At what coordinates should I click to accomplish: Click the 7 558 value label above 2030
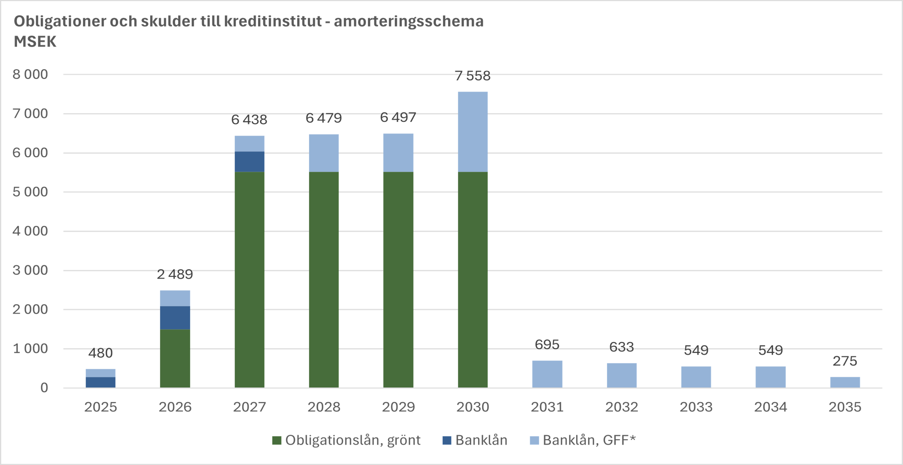click(x=472, y=76)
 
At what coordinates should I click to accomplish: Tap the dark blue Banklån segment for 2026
click(x=175, y=317)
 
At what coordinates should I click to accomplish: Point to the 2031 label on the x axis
click(x=547, y=407)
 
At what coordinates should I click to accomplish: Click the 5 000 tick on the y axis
click(x=30, y=192)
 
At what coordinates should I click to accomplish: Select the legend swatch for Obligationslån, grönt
click(x=277, y=441)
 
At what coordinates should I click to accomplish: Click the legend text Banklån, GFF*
click(x=589, y=440)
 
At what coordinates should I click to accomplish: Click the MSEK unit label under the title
click(x=35, y=42)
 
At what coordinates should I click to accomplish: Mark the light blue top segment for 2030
click(x=472, y=131)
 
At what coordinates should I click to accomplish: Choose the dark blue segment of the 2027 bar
click(x=249, y=162)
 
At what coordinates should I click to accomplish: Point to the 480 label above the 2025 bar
click(x=101, y=353)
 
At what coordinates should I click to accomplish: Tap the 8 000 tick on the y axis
click(x=30, y=74)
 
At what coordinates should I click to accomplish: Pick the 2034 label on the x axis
click(x=771, y=407)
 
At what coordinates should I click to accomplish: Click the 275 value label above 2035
click(x=845, y=361)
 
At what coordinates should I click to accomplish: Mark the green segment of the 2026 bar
click(x=175, y=358)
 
